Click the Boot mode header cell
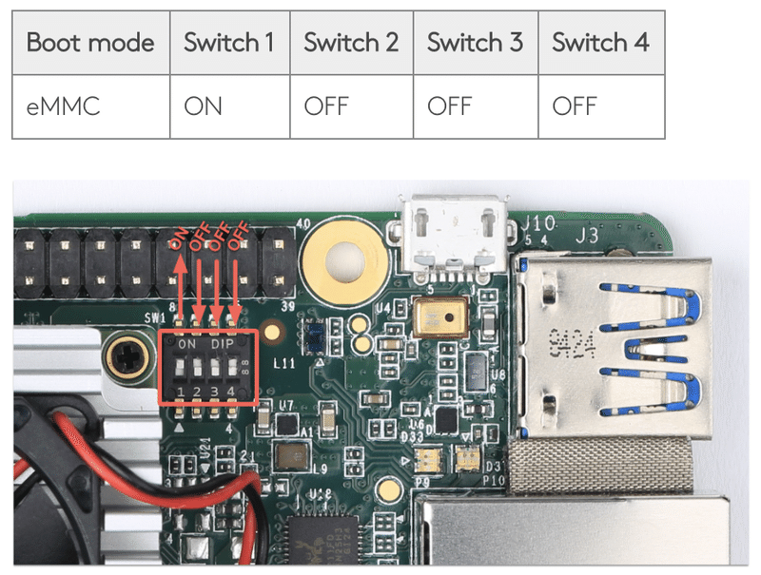90,43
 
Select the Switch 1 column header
228,43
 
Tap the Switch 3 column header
475,43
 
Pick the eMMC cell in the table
63,105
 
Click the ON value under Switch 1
203,105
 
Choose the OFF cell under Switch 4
574,105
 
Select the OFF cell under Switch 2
326,105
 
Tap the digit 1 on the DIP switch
180,392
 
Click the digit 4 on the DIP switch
231,392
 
